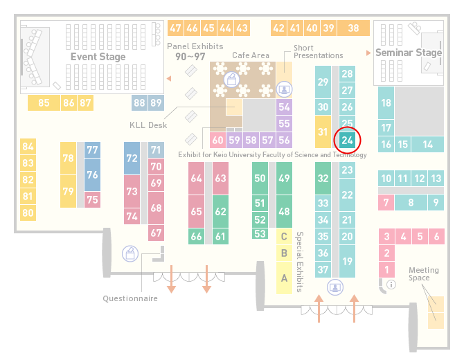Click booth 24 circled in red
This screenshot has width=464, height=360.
347,140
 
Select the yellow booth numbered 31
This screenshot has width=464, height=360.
323,132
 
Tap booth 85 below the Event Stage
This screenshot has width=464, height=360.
44,102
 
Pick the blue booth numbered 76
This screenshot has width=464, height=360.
92,174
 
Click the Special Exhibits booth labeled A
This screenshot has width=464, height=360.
284,278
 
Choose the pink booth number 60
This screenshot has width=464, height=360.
217,140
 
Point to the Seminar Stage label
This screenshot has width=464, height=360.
409,53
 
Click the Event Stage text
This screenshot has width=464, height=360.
98,57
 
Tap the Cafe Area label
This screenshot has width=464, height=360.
251,55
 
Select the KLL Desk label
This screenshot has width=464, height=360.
148,125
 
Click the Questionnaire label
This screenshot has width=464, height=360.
130,298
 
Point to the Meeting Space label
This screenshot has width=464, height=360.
424,274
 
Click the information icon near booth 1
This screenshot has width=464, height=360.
391,285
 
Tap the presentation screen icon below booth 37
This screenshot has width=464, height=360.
335,287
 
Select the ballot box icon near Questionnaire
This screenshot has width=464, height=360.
130,253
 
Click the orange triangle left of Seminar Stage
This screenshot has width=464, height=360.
368,53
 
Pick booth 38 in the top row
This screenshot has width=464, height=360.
354,28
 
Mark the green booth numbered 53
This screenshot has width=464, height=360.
260,234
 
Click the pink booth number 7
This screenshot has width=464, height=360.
386,203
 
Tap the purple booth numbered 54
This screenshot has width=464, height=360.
284,107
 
